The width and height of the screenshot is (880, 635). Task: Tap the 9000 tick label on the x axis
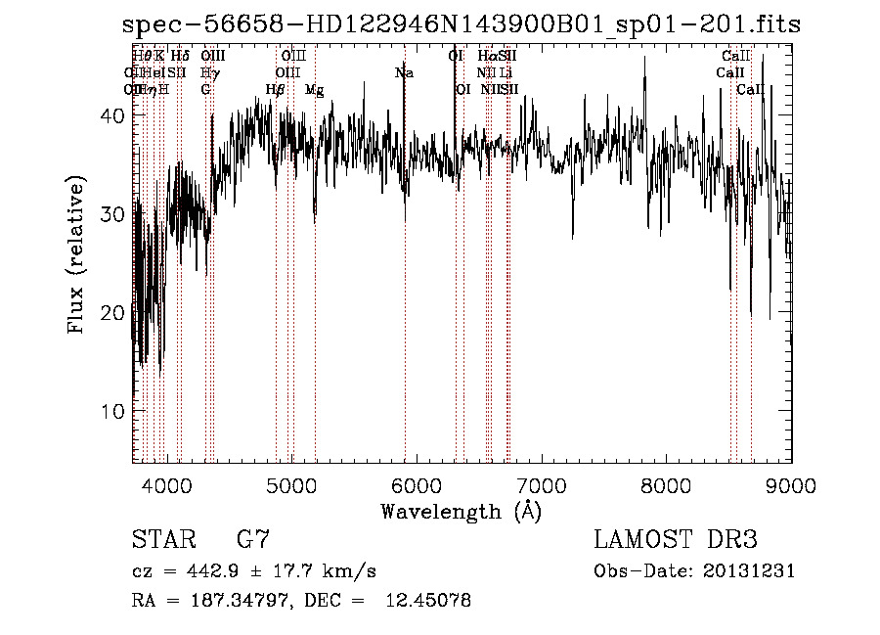tap(791, 484)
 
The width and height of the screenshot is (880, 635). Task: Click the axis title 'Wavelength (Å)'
tap(461, 511)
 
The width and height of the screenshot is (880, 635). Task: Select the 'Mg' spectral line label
tap(315, 90)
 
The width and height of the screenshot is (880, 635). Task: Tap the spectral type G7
tap(253, 540)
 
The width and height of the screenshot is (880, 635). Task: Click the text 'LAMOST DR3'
tap(676, 540)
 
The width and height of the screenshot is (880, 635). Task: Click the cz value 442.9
tap(220, 571)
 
